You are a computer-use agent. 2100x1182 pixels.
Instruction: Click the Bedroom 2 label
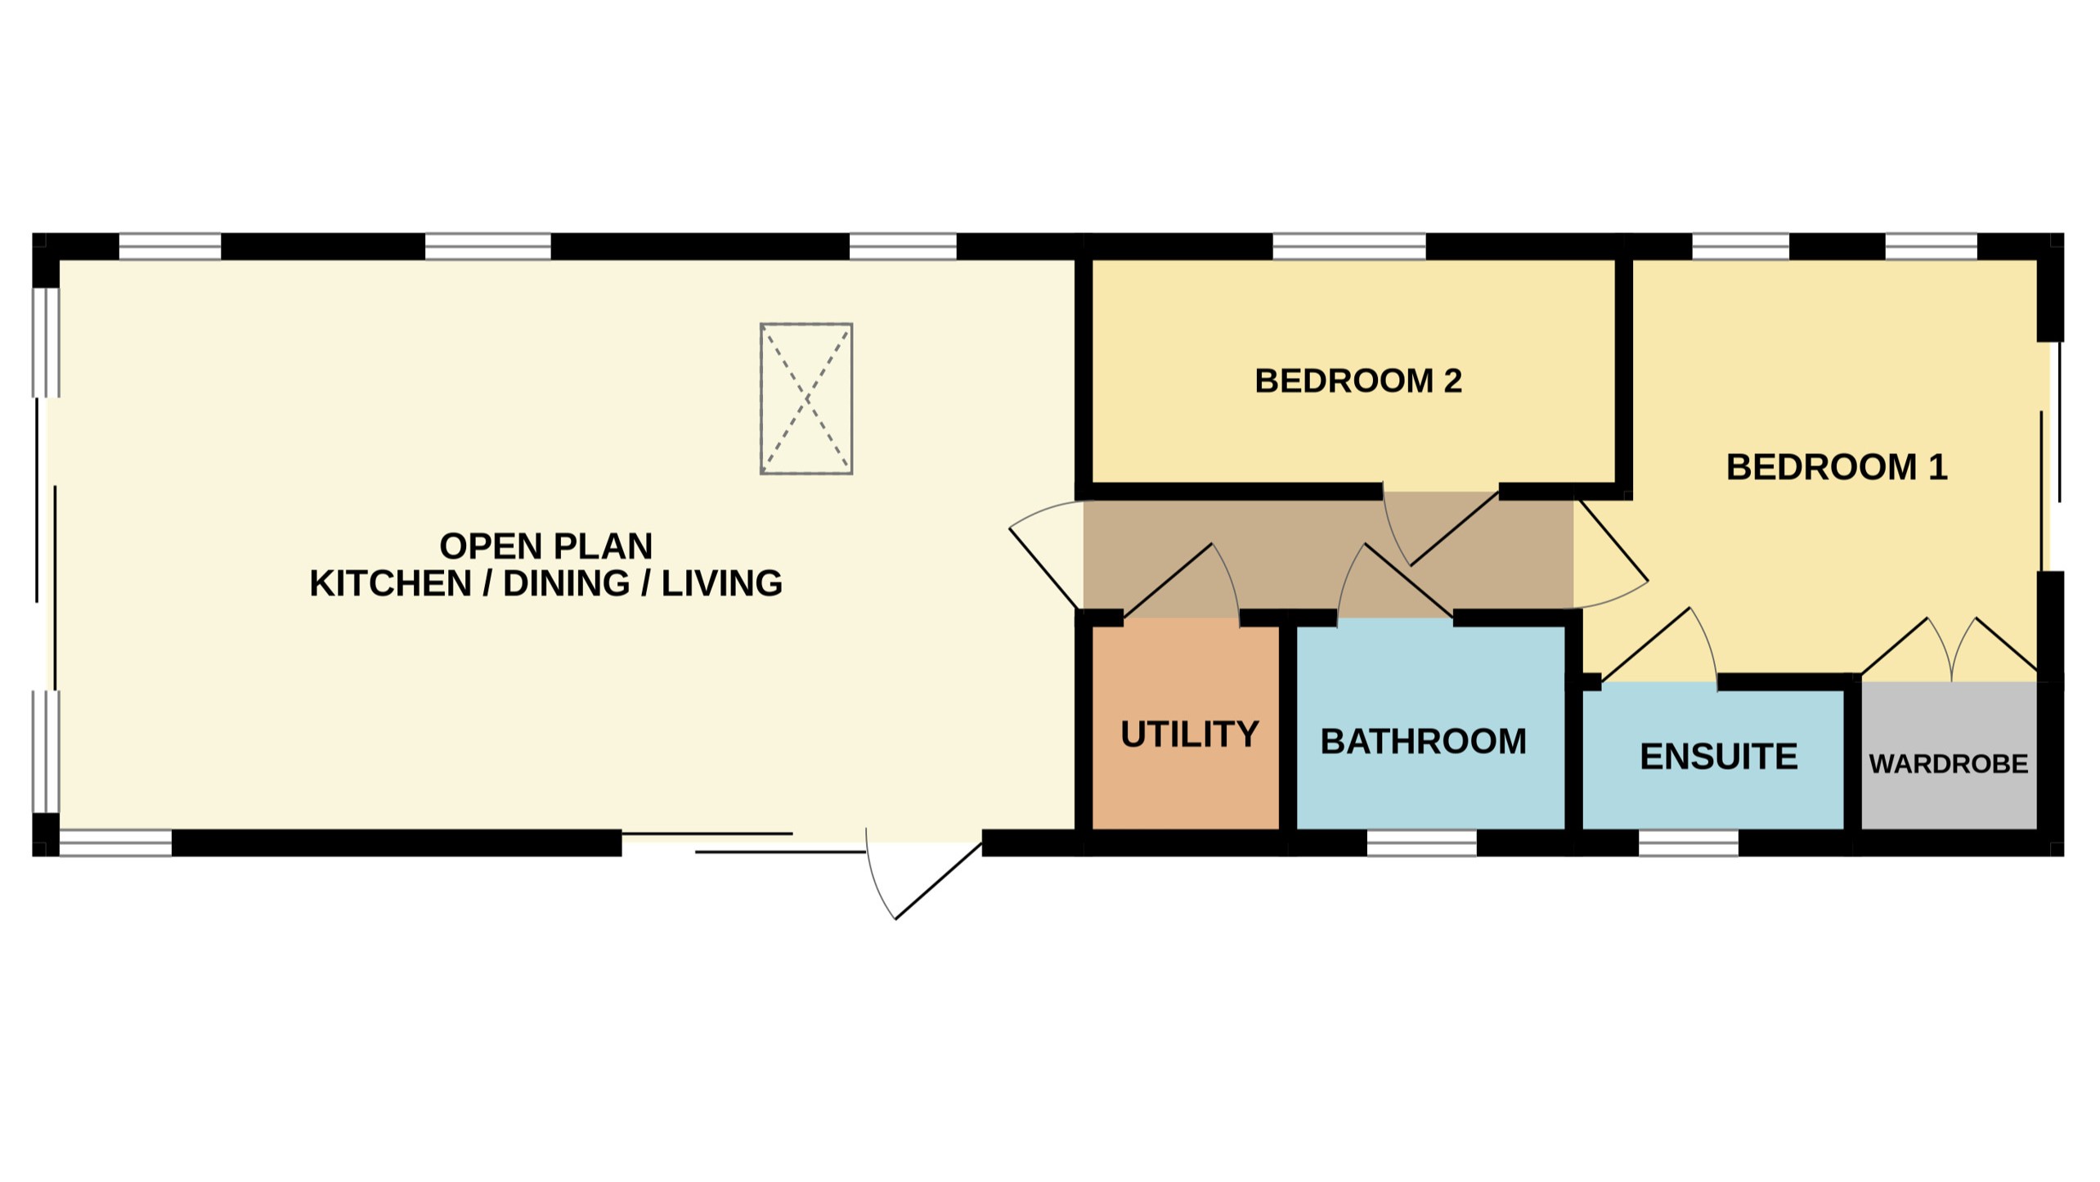1357,381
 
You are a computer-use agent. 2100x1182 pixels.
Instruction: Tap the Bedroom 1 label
1836,468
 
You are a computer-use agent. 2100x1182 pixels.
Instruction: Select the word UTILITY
1189,735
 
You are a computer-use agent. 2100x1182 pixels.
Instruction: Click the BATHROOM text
1423,742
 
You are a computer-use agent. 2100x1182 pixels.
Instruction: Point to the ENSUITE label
1718,757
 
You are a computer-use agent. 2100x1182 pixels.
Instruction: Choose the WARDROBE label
1948,764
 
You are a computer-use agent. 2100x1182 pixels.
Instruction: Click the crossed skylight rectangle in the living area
806,398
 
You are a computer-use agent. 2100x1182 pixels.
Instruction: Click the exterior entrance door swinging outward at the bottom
924,879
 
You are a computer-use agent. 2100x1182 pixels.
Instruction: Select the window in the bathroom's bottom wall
1421,843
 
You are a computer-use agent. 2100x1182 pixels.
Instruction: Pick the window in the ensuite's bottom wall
1688,843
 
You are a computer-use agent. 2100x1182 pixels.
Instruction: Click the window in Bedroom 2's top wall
1348,245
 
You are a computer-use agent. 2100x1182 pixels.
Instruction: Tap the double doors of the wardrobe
1951,650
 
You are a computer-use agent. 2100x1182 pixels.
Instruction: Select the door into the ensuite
1660,646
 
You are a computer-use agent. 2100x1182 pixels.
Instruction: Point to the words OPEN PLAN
545,546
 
